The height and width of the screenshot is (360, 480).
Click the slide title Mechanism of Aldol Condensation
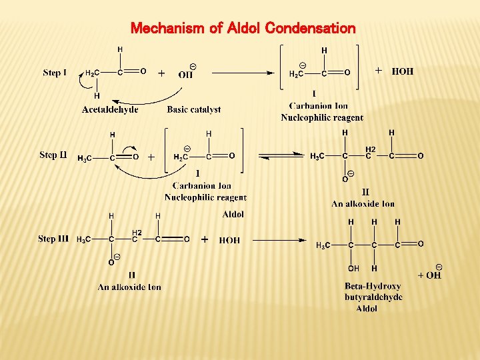tap(243, 28)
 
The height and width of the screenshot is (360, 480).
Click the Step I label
tap(55, 73)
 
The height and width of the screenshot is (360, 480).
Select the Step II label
tap(53, 155)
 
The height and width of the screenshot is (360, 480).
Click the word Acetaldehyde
tap(110, 109)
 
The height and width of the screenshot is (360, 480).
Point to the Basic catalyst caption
tap(193, 109)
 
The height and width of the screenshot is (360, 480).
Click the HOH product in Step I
tap(402, 71)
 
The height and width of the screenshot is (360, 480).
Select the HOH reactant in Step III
tap(229, 240)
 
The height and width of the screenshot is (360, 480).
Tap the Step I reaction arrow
tap(249, 73)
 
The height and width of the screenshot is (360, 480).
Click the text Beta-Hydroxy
tap(373, 287)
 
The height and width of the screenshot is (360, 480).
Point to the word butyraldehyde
tap(373, 297)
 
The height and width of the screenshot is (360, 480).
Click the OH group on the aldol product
tap(354, 269)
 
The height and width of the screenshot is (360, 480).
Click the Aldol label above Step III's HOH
tap(233, 215)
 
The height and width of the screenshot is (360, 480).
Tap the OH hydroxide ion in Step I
tap(187, 74)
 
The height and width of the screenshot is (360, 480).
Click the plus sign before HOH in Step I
tap(379, 70)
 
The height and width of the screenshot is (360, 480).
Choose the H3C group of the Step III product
tap(323, 245)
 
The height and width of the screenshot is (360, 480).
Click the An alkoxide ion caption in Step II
tap(363, 203)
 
